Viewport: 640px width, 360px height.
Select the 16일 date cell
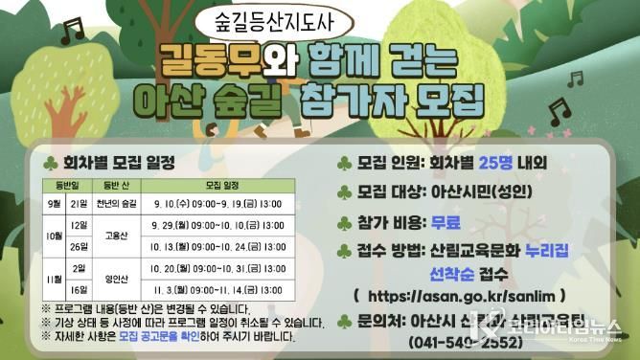point(80,289)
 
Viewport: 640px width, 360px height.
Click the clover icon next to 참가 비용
point(344,222)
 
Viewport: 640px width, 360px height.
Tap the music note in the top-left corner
point(70,32)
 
